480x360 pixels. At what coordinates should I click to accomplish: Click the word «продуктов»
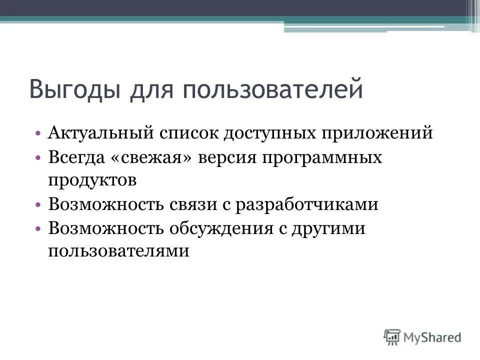click(x=92, y=180)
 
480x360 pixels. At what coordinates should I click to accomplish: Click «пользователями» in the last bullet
click(x=119, y=250)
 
